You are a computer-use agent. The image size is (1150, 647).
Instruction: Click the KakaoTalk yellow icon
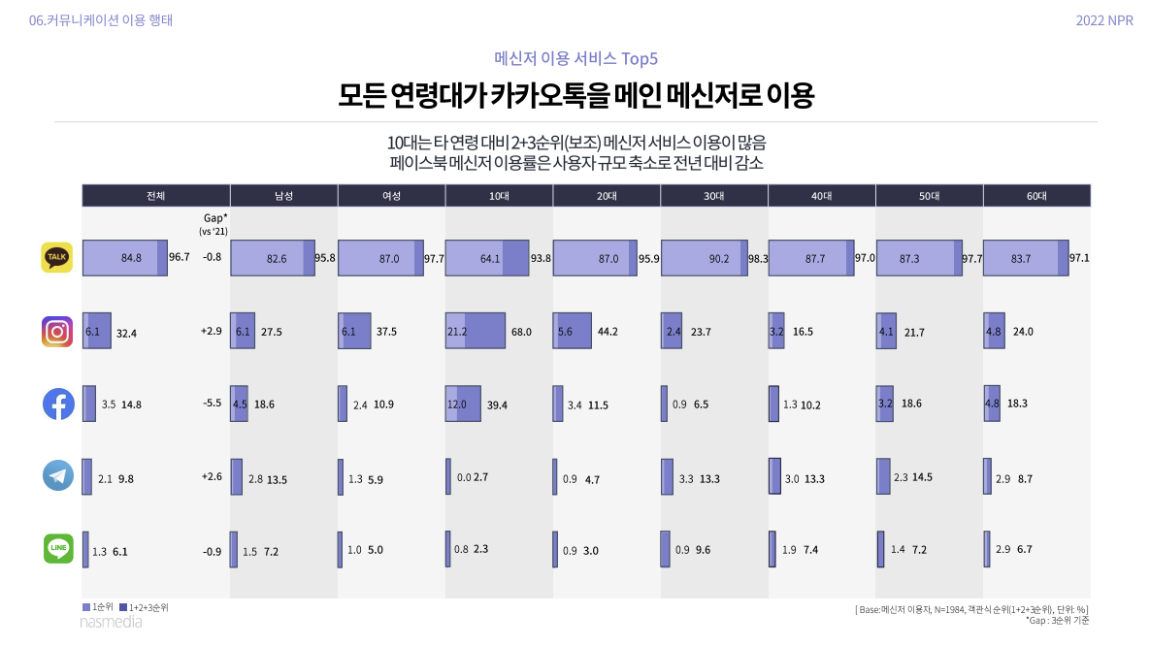click(x=57, y=257)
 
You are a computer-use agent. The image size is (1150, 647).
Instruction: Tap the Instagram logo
click(x=57, y=332)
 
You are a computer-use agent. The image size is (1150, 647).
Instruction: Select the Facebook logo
click(x=57, y=404)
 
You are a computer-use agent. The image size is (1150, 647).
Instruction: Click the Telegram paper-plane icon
click(x=57, y=476)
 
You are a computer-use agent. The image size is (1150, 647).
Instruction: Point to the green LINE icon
click(x=57, y=549)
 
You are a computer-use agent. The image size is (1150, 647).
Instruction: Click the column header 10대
click(x=499, y=195)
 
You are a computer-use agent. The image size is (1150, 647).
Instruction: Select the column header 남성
click(x=283, y=195)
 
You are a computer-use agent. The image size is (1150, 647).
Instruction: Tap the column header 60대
click(x=1036, y=195)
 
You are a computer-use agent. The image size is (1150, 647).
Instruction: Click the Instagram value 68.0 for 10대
click(x=521, y=332)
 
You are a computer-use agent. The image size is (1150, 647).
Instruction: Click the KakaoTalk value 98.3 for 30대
click(x=758, y=259)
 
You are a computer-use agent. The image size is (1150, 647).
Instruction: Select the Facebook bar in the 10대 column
click(x=476, y=404)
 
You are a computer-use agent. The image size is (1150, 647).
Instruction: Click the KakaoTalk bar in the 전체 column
click(x=125, y=258)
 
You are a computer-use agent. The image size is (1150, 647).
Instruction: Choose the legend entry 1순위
click(x=98, y=607)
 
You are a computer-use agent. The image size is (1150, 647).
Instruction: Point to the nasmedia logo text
click(x=111, y=622)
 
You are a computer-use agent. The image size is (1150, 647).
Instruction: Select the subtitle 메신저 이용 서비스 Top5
click(x=575, y=58)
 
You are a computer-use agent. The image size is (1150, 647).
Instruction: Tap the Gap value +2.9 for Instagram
click(x=212, y=332)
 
